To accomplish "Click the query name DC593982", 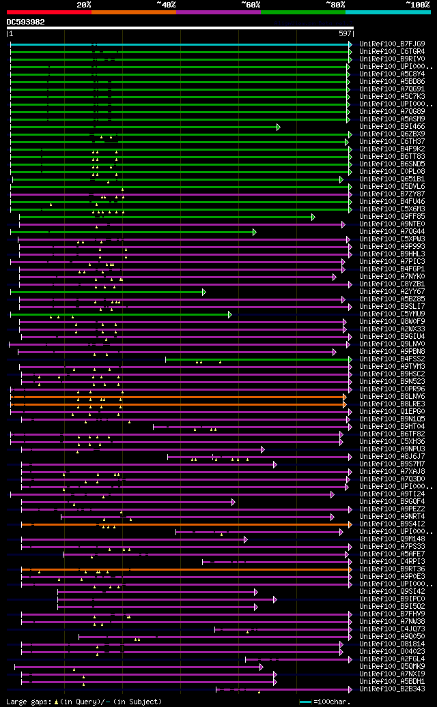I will (x=26, y=22).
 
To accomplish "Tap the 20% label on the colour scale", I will (x=84, y=5).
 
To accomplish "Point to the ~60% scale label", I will (x=251, y=5).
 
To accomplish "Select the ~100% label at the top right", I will (x=417, y=5).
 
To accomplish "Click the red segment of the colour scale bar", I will (x=48, y=12).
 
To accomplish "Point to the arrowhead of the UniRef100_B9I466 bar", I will (x=278, y=127).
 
